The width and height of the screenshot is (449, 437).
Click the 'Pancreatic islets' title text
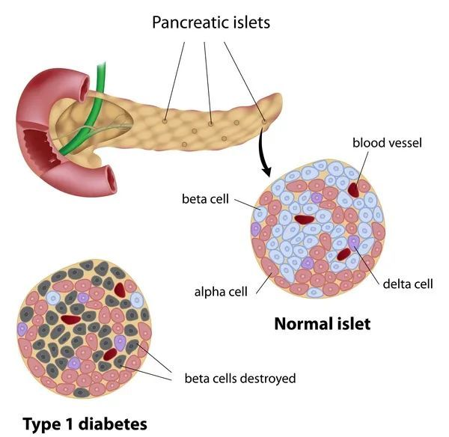point(211,22)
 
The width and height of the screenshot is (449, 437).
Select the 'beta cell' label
point(204,200)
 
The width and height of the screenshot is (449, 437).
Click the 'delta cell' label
point(408,284)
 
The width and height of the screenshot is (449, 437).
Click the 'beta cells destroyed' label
point(239,378)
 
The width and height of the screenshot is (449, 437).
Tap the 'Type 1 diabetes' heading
point(85,424)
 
